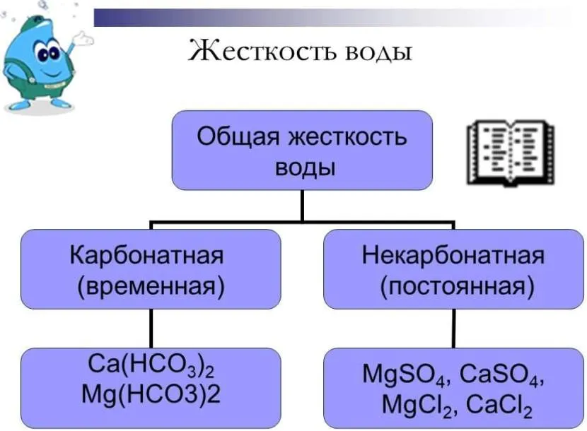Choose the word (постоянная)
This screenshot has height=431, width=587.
click(x=453, y=286)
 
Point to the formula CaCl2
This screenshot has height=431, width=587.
click(x=494, y=404)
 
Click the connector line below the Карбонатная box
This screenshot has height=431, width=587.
click(x=151, y=328)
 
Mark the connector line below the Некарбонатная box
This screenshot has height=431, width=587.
click(x=453, y=328)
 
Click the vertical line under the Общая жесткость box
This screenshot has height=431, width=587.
click(x=302, y=205)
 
